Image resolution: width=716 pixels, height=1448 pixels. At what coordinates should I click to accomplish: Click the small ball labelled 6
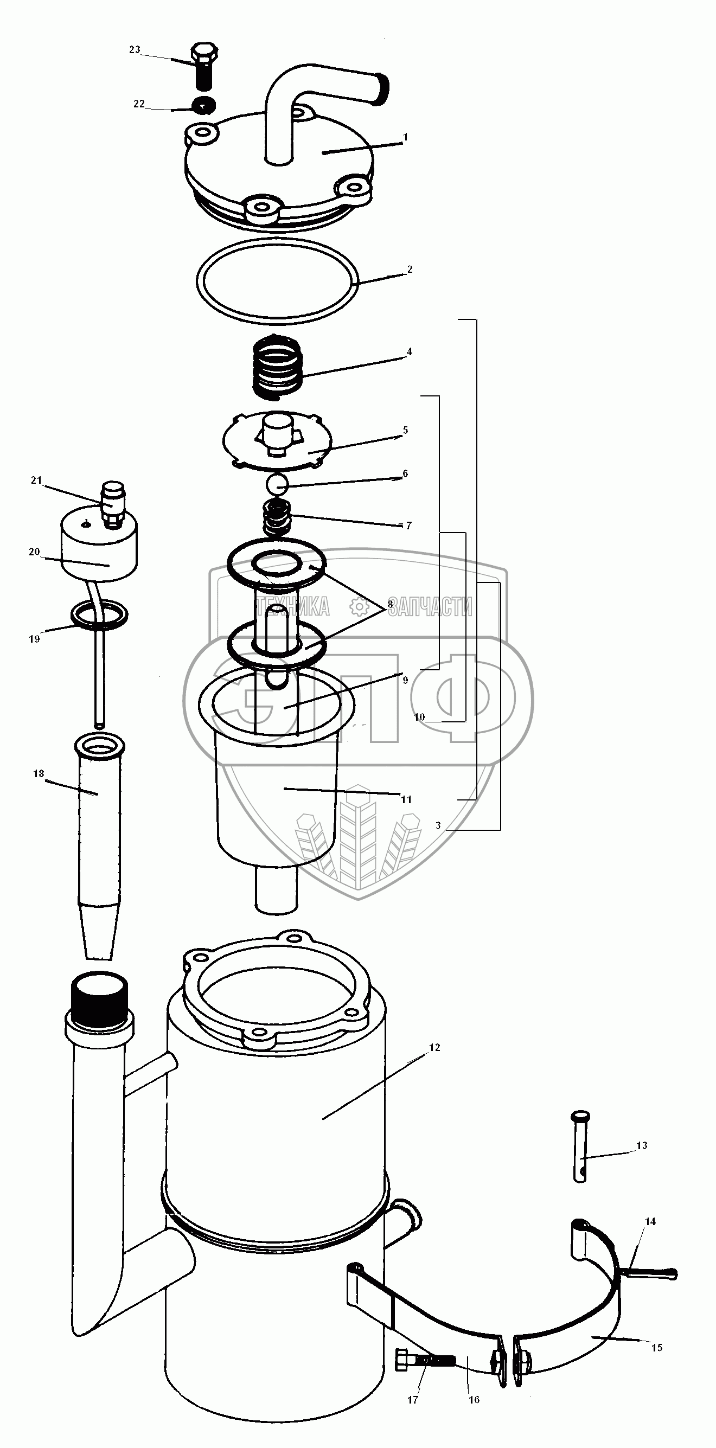(277, 483)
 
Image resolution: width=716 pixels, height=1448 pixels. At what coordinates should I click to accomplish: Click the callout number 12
(434, 1047)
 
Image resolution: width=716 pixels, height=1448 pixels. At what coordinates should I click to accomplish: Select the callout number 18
(38, 773)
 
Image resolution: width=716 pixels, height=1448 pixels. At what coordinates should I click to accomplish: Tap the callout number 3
(438, 826)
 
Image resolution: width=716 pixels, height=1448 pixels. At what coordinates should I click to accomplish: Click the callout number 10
(419, 717)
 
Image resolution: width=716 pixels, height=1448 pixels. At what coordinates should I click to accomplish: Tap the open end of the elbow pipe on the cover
(383, 88)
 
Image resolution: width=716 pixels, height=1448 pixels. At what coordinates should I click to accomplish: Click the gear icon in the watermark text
(358, 607)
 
